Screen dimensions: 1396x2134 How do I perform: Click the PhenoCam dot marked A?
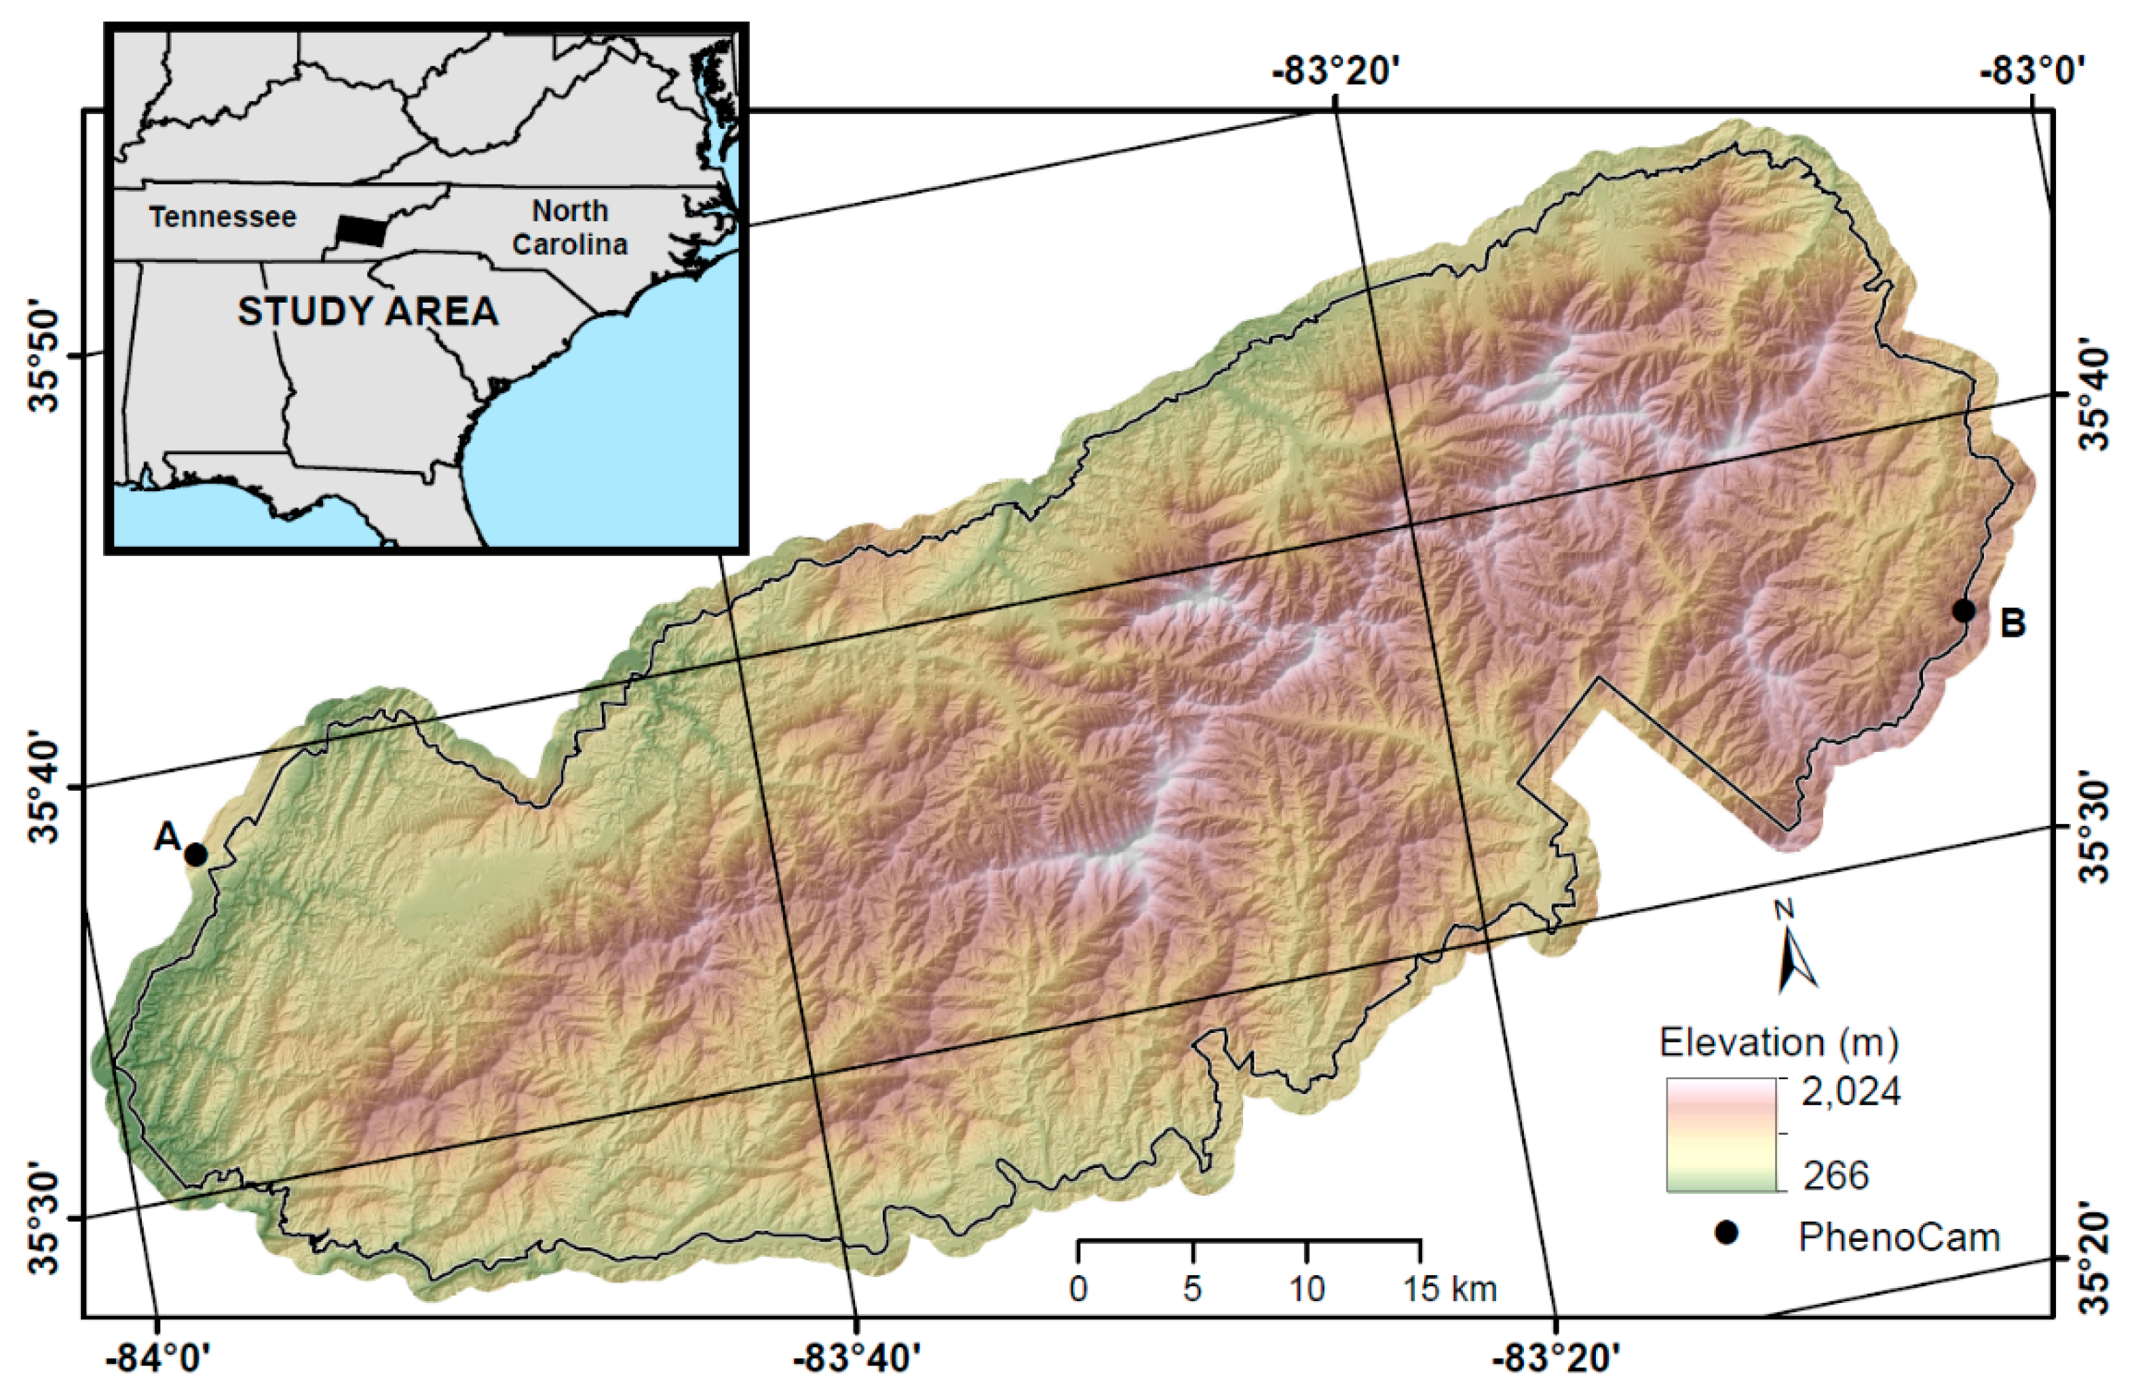coord(195,854)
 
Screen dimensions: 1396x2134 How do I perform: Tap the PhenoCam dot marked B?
coord(1964,611)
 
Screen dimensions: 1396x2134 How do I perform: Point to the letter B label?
coord(2013,622)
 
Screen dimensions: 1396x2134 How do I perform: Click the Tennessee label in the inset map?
coord(223,217)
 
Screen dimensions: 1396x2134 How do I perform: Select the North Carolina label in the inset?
coord(569,228)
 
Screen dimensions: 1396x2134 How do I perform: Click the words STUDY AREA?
coord(368,311)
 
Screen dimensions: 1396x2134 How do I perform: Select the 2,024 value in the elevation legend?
coord(1850,1092)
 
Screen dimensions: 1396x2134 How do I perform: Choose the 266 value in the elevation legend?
coord(1835,1175)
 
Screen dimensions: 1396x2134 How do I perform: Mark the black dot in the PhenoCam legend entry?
coord(1726,1234)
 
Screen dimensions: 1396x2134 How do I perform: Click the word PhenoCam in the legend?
coord(1899,1237)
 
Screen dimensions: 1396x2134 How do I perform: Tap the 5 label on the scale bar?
coord(1192,1288)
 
